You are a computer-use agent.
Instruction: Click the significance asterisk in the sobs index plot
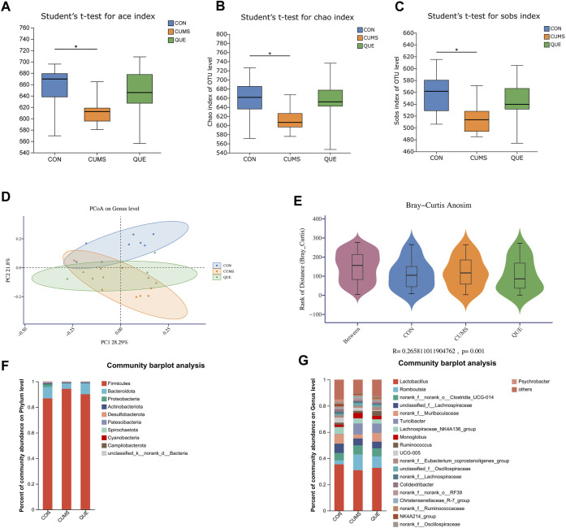click(456, 50)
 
